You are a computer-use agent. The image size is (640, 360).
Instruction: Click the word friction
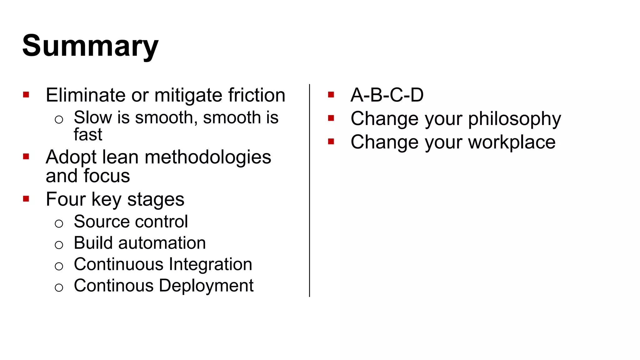(257, 95)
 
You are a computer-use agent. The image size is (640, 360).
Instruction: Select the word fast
(88, 134)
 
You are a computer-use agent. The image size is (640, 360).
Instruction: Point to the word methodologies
(208, 157)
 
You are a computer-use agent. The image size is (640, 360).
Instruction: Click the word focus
(107, 176)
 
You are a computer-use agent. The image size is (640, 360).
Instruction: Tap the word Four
(66, 199)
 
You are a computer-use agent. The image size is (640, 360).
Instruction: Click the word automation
(162, 243)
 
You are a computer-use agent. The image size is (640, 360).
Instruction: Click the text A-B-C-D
(387, 95)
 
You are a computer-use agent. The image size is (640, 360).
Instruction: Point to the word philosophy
(514, 119)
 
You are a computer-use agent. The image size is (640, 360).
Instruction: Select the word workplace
(512, 142)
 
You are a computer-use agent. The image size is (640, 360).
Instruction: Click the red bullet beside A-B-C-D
(331, 94)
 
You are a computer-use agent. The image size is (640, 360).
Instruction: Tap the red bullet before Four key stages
(26, 199)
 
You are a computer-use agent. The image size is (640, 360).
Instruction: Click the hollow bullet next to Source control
(59, 223)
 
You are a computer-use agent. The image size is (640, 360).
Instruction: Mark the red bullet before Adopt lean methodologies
(26, 156)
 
